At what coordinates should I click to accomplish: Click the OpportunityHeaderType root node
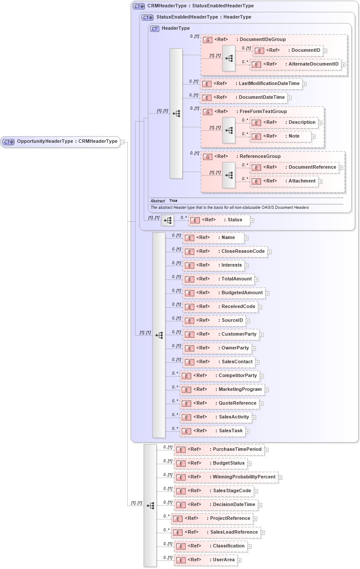coord(60,141)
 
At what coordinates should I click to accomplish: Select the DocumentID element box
coord(287,50)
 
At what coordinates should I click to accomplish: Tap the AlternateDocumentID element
coord(296,64)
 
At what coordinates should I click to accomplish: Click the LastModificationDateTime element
coord(252,84)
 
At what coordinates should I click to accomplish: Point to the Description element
coord(284,123)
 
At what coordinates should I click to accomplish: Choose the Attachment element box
coord(284,181)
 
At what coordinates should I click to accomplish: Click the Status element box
coord(219,220)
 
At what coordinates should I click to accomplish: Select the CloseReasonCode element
coord(225,251)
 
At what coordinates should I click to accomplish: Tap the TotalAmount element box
coord(218,279)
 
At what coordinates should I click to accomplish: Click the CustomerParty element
coord(221,334)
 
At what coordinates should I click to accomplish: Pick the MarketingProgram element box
coord(222,390)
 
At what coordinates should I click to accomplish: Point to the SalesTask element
coord(212,431)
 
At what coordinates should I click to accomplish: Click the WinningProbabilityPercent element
coord(226,477)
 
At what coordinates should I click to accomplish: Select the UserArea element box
coord(205,560)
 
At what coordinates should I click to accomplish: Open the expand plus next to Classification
coord(249,547)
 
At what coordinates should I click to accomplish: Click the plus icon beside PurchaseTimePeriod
coord(266,450)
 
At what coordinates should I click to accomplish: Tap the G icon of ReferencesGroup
coord(208,157)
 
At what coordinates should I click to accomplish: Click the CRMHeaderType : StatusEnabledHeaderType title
coord(200,6)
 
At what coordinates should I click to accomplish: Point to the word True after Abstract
coord(173,201)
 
